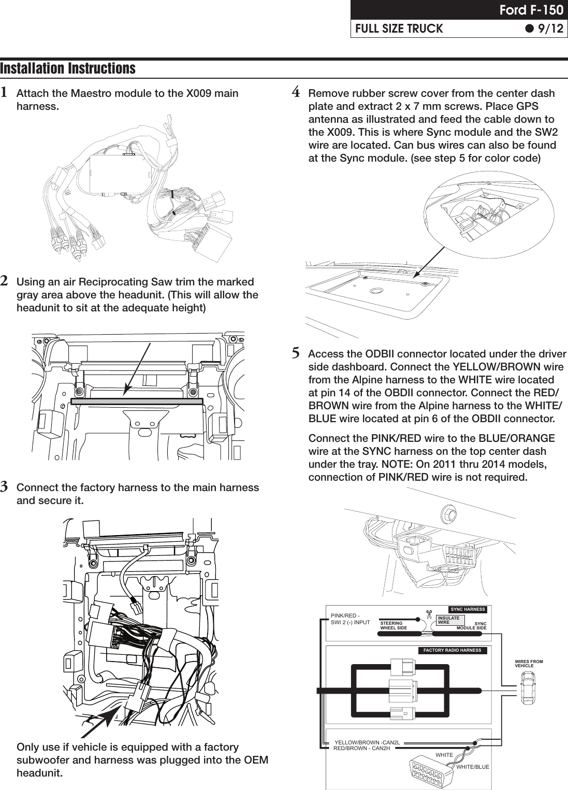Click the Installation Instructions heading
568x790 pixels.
click(68, 68)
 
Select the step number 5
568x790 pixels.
click(296, 354)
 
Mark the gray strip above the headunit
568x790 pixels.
click(137, 401)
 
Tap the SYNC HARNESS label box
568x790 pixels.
click(468, 609)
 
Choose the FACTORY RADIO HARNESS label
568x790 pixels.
click(453, 650)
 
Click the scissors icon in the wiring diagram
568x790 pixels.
click(429, 615)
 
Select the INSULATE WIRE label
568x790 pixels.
click(448, 620)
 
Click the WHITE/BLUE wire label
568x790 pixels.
click(472, 766)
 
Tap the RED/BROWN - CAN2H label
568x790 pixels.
click(361, 749)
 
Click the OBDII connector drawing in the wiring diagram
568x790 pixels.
click(432, 772)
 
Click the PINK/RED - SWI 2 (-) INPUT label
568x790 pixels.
click(350, 619)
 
